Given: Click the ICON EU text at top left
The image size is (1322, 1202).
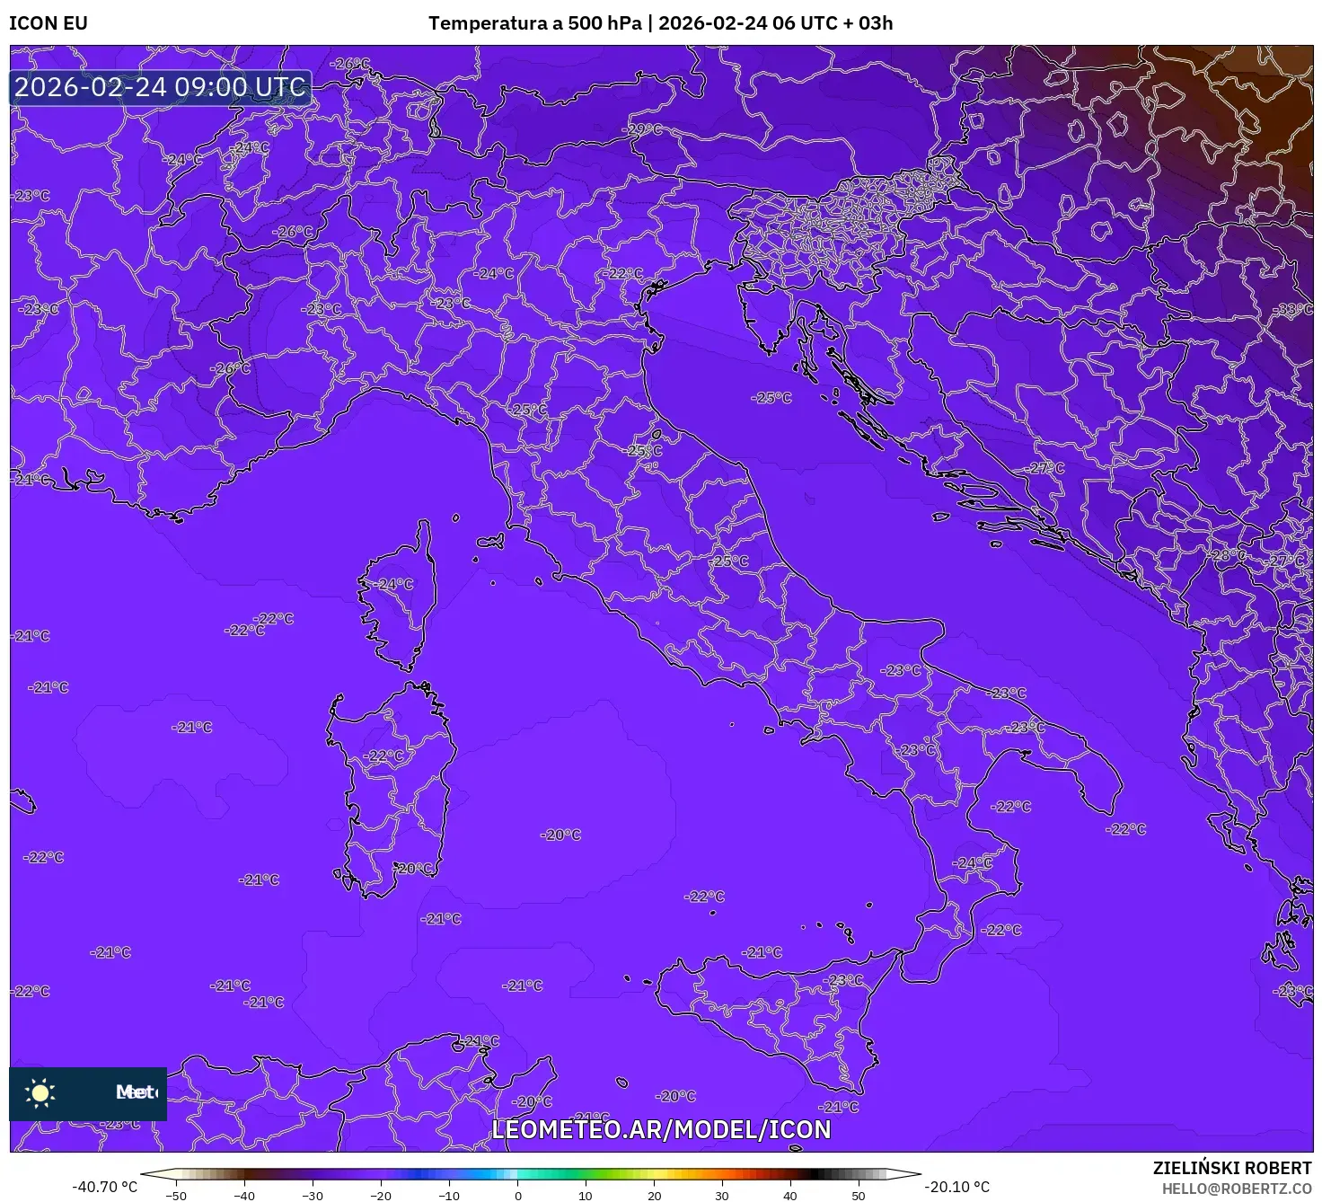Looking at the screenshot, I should coord(48,23).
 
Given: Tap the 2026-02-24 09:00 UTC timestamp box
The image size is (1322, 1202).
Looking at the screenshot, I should coord(161,87).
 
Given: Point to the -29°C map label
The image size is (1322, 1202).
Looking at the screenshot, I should coord(643,129).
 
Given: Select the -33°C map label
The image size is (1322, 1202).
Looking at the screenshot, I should coord(1293,309).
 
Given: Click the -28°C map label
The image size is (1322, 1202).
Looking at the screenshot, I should coord(1229,555).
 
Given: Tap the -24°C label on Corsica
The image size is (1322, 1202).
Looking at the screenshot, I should coord(394,584).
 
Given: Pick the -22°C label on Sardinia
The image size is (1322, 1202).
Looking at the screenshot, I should coord(385,756).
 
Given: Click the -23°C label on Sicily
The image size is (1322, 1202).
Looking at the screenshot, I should coord(844,980).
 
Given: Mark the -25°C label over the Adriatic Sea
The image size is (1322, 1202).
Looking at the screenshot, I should coord(772,397).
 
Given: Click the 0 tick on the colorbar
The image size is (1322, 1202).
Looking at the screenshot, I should coord(518,1195).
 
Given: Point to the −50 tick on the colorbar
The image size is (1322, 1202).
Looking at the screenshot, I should coord(176,1195).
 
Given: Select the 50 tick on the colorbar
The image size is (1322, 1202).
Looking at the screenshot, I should coord(859,1195).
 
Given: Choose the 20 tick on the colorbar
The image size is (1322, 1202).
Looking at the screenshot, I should coord(654,1195).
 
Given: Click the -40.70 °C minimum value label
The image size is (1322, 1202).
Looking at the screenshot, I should coord(105,1187).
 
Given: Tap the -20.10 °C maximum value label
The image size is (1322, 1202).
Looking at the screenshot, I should coord(957,1187).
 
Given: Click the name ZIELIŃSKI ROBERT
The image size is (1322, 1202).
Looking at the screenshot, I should coord(1232,1168).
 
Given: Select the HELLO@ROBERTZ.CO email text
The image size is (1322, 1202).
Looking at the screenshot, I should coord(1237,1189).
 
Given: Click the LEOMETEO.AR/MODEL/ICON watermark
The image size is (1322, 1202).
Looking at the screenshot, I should coord(662,1129).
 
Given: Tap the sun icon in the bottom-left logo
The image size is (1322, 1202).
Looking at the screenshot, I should coord(40,1092).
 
